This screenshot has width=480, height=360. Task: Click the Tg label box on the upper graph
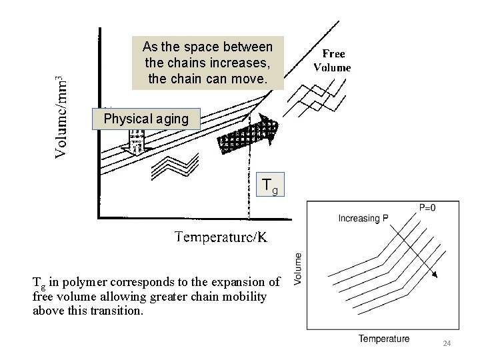tap(273, 185)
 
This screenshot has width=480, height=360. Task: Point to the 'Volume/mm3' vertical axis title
tap(61, 114)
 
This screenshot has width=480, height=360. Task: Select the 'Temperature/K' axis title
tap(221, 237)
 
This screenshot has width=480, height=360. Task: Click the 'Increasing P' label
tap(363, 219)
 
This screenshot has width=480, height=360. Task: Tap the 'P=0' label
tap(428, 207)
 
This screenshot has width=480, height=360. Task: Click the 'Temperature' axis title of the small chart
tap(384, 339)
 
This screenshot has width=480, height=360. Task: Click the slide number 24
tap(447, 343)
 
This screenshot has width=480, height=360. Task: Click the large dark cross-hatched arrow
tap(247, 137)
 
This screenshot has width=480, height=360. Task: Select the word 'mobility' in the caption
tap(247, 296)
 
